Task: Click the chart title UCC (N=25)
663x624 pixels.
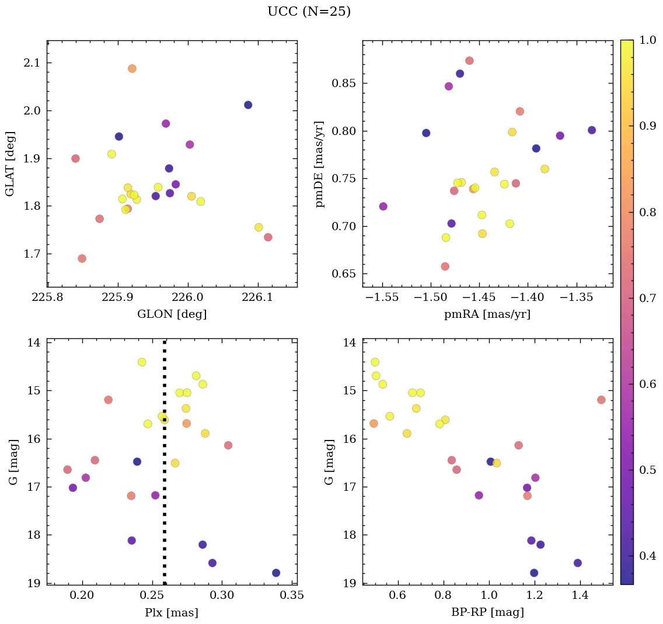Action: [x=309, y=12]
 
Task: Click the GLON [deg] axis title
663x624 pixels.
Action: [x=172, y=314]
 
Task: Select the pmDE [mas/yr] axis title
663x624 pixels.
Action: [x=320, y=164]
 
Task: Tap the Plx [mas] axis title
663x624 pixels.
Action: [x=172, y=613]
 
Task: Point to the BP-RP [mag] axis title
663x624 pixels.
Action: [x=487, y=613]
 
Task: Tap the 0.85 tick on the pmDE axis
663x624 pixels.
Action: [x=344, y=83]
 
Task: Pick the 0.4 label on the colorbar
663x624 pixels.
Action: [x=648, y=556]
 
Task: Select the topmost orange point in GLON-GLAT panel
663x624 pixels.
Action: [x=132, y=68]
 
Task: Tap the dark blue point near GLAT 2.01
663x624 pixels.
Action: [x=248, y=105]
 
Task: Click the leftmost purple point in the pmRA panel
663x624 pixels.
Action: [x=383, y=206]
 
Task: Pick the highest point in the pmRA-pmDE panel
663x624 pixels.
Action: [x=469, y=61]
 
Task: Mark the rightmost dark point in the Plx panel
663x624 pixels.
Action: [x=276, y=573]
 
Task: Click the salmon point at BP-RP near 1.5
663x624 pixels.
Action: [x=601, y=400]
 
